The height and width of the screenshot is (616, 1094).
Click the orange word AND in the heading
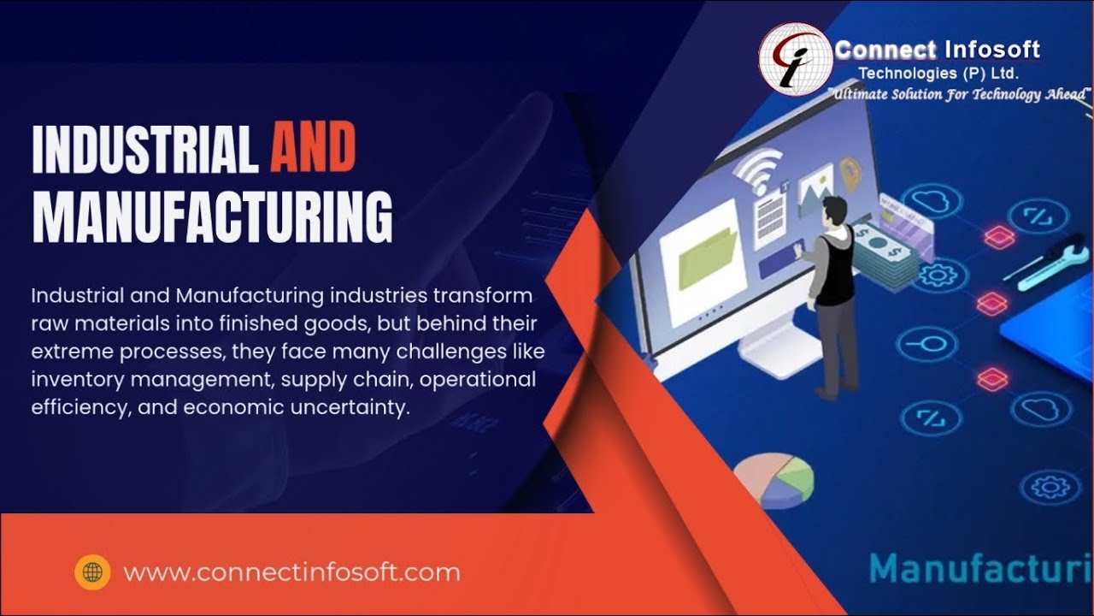(313, 147)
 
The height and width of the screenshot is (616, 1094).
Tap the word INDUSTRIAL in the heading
(144, 147)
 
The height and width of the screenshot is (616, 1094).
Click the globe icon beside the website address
(92, 572)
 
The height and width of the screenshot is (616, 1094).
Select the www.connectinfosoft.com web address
(291, 572)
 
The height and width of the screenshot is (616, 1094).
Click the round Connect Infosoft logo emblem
(795, 58)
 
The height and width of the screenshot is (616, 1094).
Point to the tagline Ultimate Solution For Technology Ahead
(961, 94)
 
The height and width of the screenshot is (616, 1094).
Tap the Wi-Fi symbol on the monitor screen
(759, 169)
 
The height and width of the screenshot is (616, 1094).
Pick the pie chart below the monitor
(774, 479)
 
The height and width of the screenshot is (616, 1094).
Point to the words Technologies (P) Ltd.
(938, 74)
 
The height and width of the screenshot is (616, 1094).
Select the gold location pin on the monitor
(850, 171)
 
